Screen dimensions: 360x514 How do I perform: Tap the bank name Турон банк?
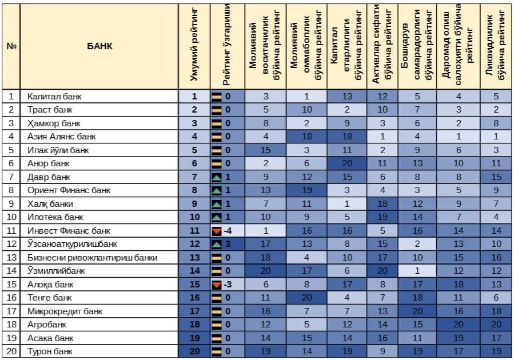[x=50, y=351]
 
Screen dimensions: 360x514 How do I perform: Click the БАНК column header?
[x=99, y=46]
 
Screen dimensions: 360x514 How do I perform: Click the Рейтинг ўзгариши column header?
[x=227, y=46]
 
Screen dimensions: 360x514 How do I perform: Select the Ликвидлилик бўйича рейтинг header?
[x=496, y=46]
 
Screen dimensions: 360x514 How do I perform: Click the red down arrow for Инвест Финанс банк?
[x=217, y=231]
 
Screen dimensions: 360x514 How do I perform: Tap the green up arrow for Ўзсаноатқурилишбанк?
[x=217, y=244]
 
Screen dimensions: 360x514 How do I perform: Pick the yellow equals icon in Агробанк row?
[x=217, y=325]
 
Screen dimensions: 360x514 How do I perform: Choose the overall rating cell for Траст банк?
[x=194, y=110]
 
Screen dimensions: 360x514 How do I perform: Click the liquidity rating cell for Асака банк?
[x=496, y=338]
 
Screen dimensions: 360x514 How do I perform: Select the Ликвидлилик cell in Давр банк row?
[x=496, y=177]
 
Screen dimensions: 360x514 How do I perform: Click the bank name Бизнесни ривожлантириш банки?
[x=92, y=258]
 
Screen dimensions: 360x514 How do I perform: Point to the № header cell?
[x=11, y=46]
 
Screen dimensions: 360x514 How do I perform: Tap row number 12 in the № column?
[x=11, y=244]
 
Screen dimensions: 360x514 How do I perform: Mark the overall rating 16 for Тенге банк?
[x=194, y=298]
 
